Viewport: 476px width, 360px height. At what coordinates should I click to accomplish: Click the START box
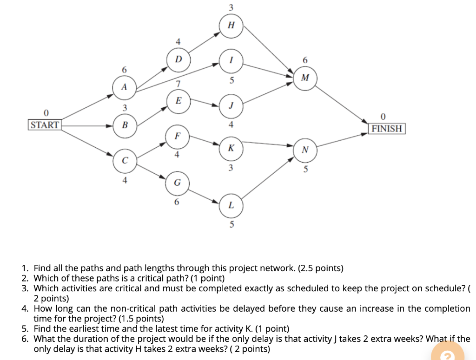click(45, 124)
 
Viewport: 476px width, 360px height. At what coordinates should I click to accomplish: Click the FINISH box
click(387, 129)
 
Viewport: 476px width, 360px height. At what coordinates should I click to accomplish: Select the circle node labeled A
click(124, 88)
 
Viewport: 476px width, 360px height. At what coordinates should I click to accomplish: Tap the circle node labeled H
click(231, 26)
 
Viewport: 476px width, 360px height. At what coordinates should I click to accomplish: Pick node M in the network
click(305, 78)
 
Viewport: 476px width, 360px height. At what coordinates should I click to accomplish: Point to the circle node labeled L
click(231, 206)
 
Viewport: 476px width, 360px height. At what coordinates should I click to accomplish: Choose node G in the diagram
click(178, 183)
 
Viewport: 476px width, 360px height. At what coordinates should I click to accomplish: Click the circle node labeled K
click(231, 148)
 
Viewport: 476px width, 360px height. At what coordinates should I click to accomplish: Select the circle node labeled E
click(178, 101)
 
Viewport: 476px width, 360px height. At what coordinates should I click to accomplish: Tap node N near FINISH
click(305, 150)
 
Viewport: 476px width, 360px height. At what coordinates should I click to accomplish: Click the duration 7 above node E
click(178, 84)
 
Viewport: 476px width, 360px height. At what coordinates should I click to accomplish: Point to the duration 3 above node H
click(231, 7)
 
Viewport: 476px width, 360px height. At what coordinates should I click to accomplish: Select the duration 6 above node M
click(305, 60)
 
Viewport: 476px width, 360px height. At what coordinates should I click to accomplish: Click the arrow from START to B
click(87, 125)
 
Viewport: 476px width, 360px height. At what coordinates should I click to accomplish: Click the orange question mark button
click(448, 353)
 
